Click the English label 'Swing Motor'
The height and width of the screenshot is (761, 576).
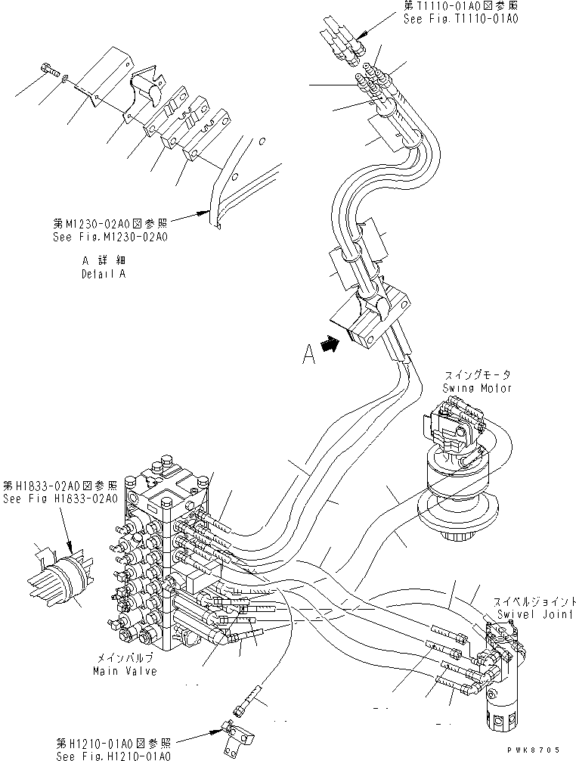point(477,387)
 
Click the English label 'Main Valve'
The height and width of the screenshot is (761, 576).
point(125,671)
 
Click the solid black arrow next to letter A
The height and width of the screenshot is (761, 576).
point(329,344)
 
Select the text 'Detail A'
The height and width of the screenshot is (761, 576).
point(104,274)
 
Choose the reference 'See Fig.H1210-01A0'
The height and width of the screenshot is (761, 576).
point(113,755)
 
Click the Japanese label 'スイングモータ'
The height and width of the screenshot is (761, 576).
point(477,375)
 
